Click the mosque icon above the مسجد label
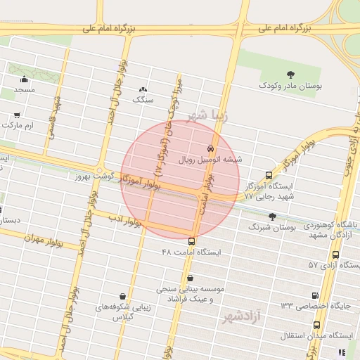(25, 79)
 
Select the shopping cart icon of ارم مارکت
(17, 114)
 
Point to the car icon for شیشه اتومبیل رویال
(211, 148)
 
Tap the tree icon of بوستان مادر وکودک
(290, 74)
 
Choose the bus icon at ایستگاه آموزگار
(268, 176)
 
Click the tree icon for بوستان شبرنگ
(273, 217)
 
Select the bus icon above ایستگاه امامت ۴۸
(191, 241)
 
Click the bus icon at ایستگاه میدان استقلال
(316, 325)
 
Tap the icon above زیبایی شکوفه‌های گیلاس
(124, 297)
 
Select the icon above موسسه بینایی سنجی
(190, 278)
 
